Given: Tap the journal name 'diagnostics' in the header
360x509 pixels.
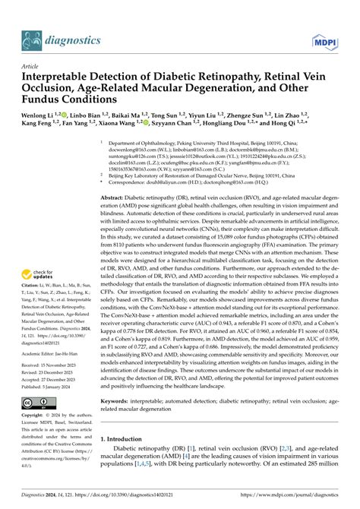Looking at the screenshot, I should coord(74,40).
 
